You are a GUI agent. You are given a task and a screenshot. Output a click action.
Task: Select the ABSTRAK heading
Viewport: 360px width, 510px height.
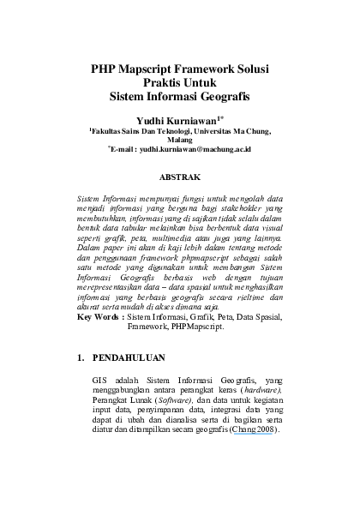tap(180, 179)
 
